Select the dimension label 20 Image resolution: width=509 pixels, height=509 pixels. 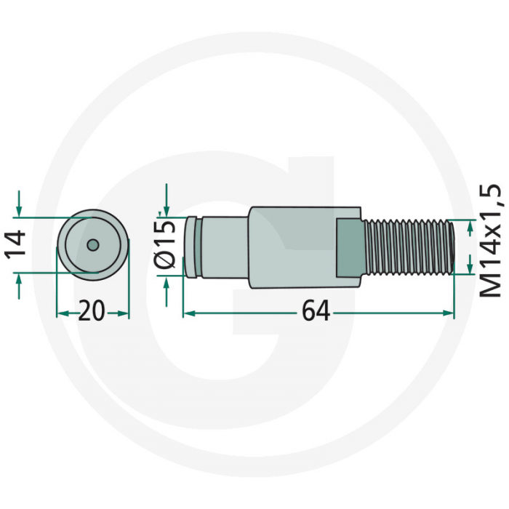pyautogui.click(x=92, y=313)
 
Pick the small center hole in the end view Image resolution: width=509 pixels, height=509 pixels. pyautogui.click(x=92, y=245)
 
